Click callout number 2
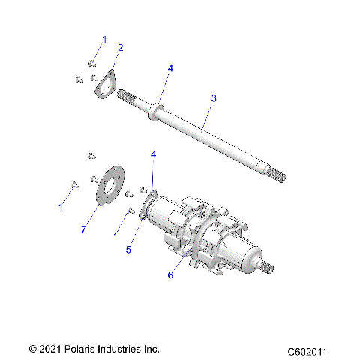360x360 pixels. [x=120, y=47]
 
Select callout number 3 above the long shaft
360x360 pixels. [x=214, y=98]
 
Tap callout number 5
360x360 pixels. [x=128, y=250]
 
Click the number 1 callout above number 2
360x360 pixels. [x=104, y=38]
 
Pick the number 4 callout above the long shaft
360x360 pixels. [x=170, y=68]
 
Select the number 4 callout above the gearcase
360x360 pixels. [x=154, y=154]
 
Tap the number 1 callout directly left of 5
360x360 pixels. [x=116, y=235]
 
